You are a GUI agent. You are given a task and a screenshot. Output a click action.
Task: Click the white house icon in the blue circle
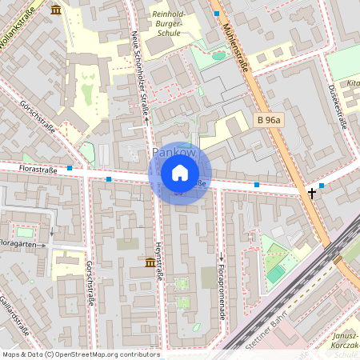180,173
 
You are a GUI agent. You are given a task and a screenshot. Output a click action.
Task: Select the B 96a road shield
270,120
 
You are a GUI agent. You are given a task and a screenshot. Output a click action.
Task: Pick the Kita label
353,82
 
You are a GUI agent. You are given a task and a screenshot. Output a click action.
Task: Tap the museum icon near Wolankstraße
55,10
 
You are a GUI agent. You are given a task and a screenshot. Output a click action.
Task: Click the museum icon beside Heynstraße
150,262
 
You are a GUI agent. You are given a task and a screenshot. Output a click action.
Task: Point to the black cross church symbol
312,193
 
